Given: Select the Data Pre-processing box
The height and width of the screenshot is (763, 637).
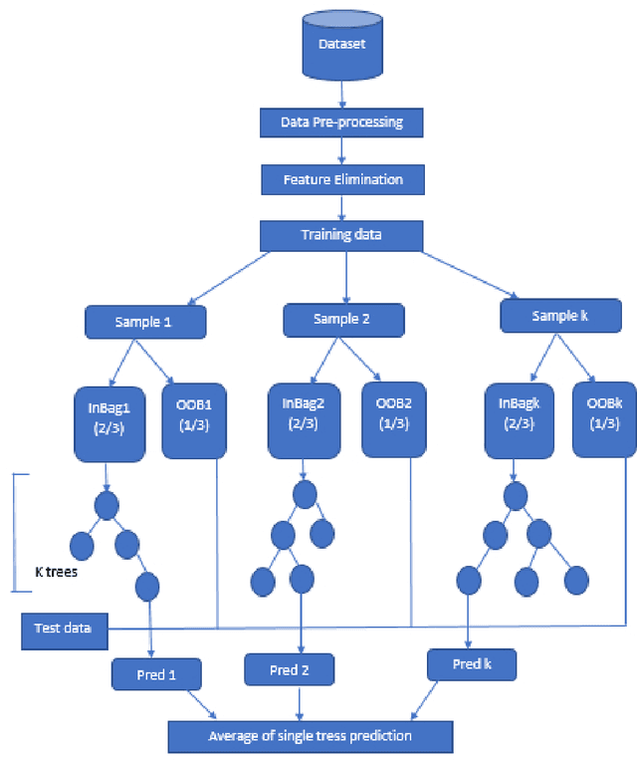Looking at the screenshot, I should [342, 123].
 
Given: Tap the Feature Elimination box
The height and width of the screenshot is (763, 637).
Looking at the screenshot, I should [342, 179].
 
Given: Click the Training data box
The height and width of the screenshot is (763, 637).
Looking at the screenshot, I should [342, 236].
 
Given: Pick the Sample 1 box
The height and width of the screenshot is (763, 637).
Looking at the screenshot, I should [145, 323].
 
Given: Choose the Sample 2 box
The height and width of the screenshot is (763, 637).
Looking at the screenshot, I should [343, 320].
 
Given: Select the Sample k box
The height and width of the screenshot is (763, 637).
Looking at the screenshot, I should [560, 317].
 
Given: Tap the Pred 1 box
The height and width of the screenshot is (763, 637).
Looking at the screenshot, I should [155, 674].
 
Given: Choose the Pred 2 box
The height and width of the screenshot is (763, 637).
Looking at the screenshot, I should [290, 670].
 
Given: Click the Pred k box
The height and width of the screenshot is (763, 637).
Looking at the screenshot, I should [472, 662].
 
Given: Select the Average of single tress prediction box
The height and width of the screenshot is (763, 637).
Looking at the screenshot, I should [310, 736].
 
